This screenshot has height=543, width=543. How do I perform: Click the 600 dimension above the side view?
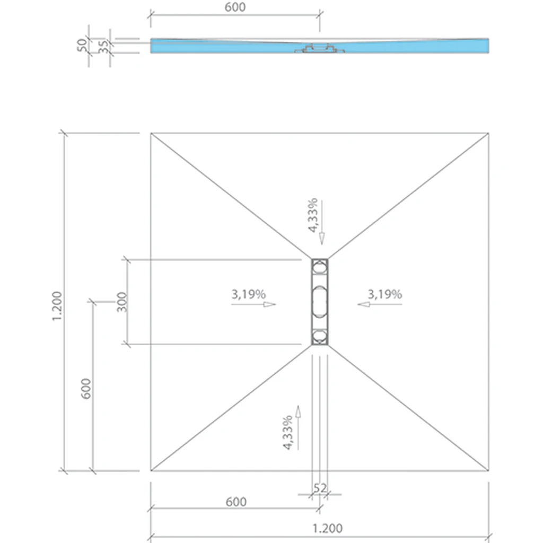coord(235,7)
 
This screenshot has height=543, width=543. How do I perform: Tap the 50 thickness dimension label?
coord(82,46)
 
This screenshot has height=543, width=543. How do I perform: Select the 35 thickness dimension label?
coord(103,47)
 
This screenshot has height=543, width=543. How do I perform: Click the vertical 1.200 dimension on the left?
coord(56,306)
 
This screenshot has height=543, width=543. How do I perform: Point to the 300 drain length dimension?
coord(122,302)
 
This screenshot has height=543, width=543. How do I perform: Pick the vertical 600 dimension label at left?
coord(86,389)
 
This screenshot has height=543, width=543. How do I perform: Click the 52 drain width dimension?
coord(320,488)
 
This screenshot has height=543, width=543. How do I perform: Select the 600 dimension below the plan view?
coord(236,502)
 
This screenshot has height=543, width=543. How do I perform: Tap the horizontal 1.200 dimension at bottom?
coord(328,529)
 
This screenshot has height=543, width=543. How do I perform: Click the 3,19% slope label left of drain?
coord(249,294)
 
